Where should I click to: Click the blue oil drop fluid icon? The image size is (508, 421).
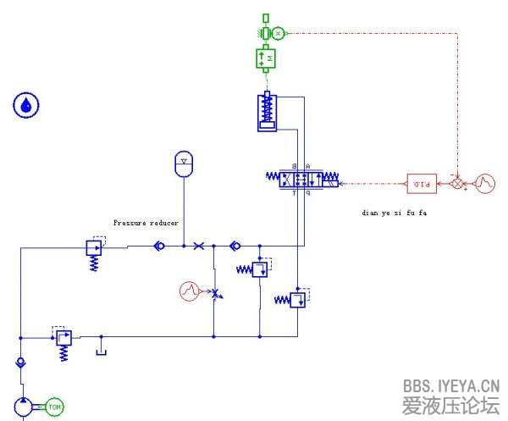(x=27, y=105)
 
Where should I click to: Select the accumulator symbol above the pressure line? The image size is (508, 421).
(x=183, y=163)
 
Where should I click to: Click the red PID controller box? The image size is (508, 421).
(x=420, y=182)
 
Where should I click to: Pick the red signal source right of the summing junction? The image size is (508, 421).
(x=485, y=182)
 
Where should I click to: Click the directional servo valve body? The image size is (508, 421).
(x=301, y=179)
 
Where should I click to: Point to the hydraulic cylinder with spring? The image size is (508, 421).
(x=268, y=112)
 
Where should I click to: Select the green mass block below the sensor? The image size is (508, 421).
(x=267, y=58)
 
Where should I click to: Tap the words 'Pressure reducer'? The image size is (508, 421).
(x=146, y=223)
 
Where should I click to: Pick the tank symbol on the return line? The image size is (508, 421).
(x=101, y=348)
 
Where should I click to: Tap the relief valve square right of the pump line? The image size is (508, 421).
(x=62, y=337)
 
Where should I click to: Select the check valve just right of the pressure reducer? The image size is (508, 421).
(x=158, y=247)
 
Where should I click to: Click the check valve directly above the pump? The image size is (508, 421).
(x=20, y=363)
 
